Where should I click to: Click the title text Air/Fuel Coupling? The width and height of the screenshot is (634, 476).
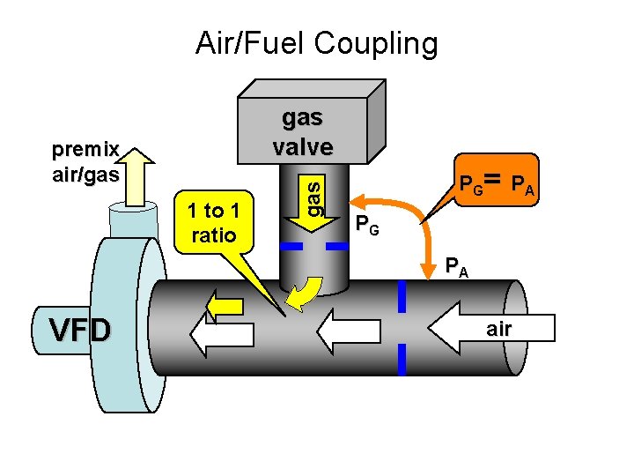click(x=316, y=43)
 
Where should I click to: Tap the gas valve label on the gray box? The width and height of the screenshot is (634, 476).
click(x=302, y=131)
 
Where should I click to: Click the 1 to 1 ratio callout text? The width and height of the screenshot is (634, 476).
click(x=213, y=223)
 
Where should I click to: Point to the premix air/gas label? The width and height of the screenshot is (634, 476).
click(x=85, y=164)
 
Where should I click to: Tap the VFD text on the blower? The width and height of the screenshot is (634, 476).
click(x=80, y=331)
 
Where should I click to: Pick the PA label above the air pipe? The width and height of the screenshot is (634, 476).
click(x=456, y=264)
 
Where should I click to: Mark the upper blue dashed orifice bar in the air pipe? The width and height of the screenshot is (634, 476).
click(x=402, y=298)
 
